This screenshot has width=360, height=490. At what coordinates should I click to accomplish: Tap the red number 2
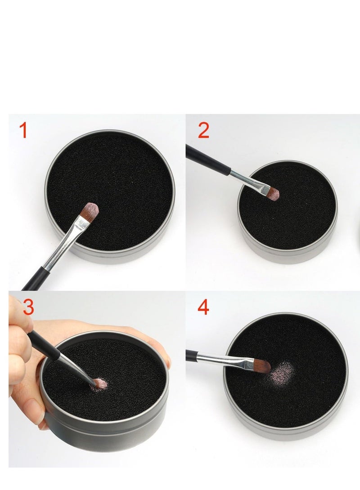coord(203,130)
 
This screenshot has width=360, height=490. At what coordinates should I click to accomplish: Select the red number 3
coord(28,307)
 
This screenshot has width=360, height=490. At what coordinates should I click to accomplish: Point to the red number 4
coord(203,307)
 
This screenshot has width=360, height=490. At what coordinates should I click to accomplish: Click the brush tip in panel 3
coord(97,383)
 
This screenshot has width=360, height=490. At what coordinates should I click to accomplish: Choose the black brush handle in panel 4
coord(191,355)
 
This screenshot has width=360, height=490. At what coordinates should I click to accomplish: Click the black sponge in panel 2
coord(288,216)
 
